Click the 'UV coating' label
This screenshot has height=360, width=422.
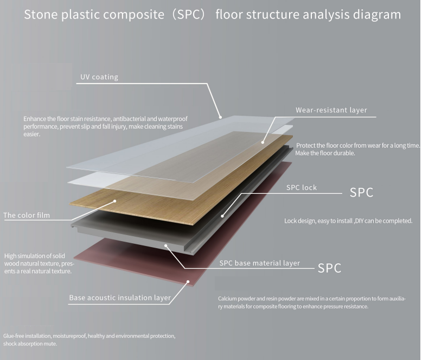(99, 77)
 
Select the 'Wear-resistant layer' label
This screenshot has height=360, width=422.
(331, 110)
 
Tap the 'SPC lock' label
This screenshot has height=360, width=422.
(301, 188)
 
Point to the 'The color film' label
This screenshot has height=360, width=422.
(27, 216)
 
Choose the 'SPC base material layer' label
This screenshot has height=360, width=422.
(259, 263)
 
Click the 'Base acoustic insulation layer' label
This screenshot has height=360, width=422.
(120, 298)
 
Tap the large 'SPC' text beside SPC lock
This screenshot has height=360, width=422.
(361, 193)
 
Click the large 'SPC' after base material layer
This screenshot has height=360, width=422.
(329, 268)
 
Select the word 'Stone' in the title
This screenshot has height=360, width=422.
(40, 15)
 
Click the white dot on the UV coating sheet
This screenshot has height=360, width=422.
(221, 117)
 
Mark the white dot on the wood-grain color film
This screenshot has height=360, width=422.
(115, 201)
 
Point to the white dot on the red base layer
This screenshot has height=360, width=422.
(188, 282)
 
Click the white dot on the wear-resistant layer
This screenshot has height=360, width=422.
(263, 142)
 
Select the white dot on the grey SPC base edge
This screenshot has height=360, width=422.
(167, 246)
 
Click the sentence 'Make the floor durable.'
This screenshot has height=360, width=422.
(325, 154)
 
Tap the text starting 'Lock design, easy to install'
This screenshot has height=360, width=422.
(348, 221)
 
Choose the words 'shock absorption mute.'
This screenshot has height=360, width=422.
(30, 344)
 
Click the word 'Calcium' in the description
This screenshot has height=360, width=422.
(228, 299)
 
